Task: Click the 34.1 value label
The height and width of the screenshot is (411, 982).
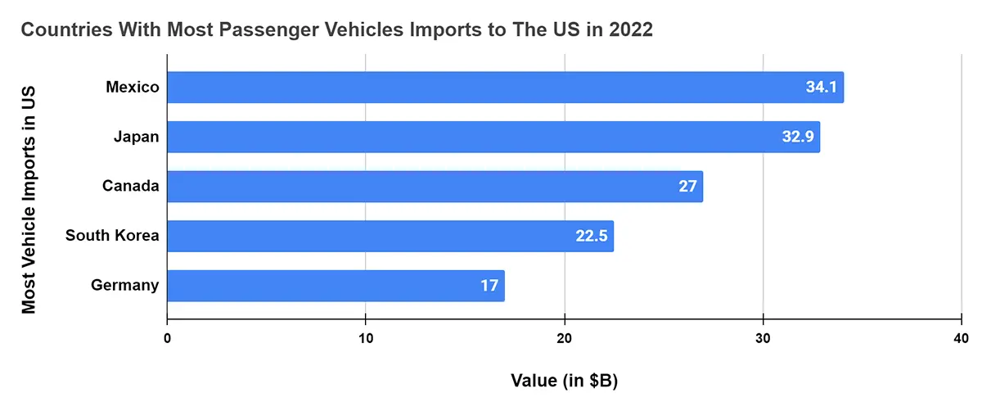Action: pyautogui.click(x=821, y=88)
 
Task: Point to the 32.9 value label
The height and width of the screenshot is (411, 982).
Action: pyautogui.click(x=797, y=137)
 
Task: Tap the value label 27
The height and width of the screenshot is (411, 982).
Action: pyautogui.click(x=687, y=187)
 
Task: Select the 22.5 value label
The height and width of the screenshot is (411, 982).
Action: pyautogui.click(x=591, y=237)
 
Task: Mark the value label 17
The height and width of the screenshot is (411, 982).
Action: pyautogui.click(x=489, y=286)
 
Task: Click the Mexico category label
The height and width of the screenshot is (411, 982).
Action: pyautogui.click(x=132, y=87)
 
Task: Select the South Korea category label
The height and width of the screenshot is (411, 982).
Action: pyautogui.click(x=112, y=237)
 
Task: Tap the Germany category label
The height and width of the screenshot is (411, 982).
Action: pyautogui.click(x=124, y=286)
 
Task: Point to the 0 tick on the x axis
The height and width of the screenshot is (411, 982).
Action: pyautogui.click(x=167, y=339)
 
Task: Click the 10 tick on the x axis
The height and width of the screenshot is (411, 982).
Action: pyautogui.click(x=365, y=339)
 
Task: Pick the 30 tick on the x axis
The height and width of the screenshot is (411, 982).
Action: pyautogui.click(x=763, y=339)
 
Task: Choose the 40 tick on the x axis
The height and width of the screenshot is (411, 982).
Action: pyautogui.click(x=961, y=339)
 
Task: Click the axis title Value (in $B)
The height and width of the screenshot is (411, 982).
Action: pyautogui.click(x=564, y=381)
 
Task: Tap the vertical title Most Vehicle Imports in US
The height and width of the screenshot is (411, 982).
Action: pyautogui.click(x=29, y=196)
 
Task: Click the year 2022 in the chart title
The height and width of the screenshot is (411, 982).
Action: pyautogui.click(x=628, y=30)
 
